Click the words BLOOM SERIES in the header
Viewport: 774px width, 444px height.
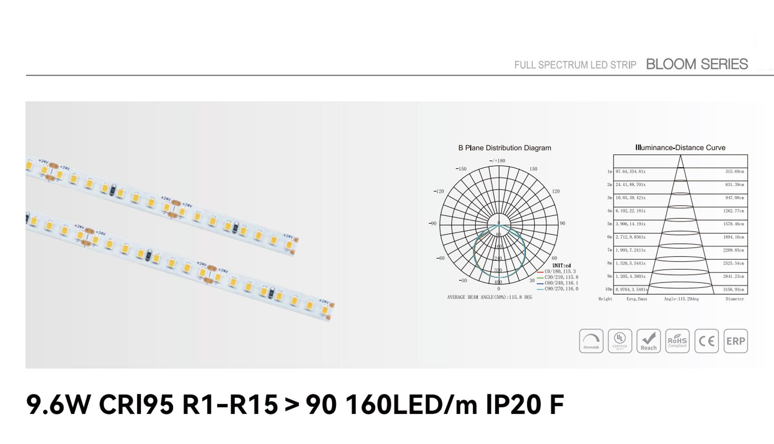point(696,64)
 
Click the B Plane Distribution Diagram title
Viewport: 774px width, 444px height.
point(504,148)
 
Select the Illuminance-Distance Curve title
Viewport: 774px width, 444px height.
point(680,148)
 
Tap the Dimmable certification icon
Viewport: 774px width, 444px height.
point(591,341)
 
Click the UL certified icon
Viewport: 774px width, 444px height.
point(620,341)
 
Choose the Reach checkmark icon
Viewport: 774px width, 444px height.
point(648,341)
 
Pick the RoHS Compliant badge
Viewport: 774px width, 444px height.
point(677,341)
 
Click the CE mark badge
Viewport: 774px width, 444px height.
point(706,341)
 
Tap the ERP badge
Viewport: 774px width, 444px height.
point(735,341)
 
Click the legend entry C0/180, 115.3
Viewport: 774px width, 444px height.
point(560,271)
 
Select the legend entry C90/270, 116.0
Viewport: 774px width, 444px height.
point(561,289)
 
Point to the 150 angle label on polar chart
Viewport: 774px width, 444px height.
point(533,169)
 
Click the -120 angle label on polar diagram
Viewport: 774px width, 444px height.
point(438,191)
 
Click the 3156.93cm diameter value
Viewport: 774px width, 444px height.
point(733,290)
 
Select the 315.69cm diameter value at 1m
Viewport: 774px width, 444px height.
point(735,171)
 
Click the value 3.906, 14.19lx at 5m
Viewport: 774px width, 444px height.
point(630,224)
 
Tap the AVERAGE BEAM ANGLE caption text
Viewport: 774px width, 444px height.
point(489,297)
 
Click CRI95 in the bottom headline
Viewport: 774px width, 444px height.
point(136,405)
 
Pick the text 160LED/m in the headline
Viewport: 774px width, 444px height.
point(411,405)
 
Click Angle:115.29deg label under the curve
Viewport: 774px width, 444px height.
point(681,299)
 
